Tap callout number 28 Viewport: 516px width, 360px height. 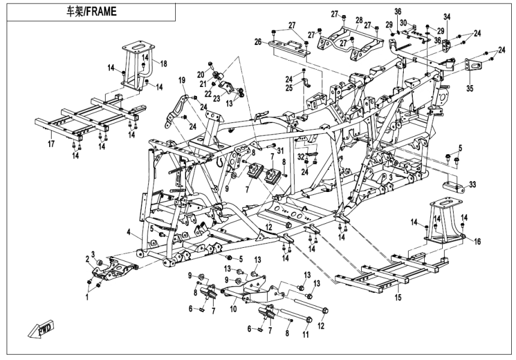click(x=359, y=20)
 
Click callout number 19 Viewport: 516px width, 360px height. click(x=181, y=80)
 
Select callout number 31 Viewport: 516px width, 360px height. click(x=279, y=142)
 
